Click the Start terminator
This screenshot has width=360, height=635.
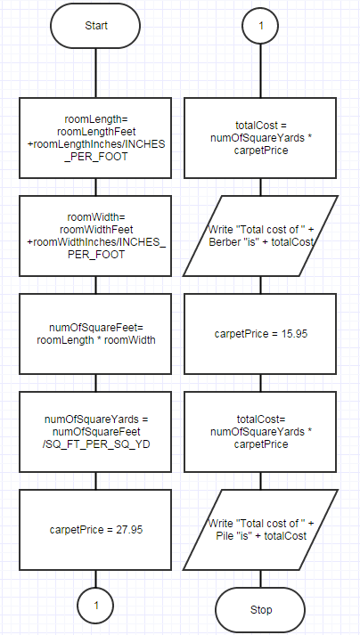point(95,26)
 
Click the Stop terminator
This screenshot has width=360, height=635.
point(260,609)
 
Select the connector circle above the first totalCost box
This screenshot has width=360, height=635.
point(260,26)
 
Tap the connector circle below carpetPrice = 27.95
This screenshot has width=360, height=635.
point(95,606)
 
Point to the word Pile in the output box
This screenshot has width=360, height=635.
point(223,536)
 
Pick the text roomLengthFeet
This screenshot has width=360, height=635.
point(96,132)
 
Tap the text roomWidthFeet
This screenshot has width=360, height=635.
point(96,230)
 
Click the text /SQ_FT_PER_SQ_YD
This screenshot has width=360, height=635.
point(96,444)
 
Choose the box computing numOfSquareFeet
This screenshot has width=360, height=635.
point(95,334)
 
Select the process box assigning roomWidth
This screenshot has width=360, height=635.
point(95,236)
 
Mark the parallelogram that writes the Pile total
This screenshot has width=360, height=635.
point(260,530)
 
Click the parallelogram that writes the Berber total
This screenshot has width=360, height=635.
point(260,236)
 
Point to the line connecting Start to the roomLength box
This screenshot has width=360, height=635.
point(95,73)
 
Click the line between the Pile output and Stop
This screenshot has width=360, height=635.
point(260,579)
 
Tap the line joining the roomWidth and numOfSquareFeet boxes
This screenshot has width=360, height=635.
point(95,285)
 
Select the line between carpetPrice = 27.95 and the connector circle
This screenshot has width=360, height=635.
point(95,579)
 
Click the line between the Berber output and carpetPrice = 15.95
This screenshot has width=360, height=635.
point(260,285)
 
